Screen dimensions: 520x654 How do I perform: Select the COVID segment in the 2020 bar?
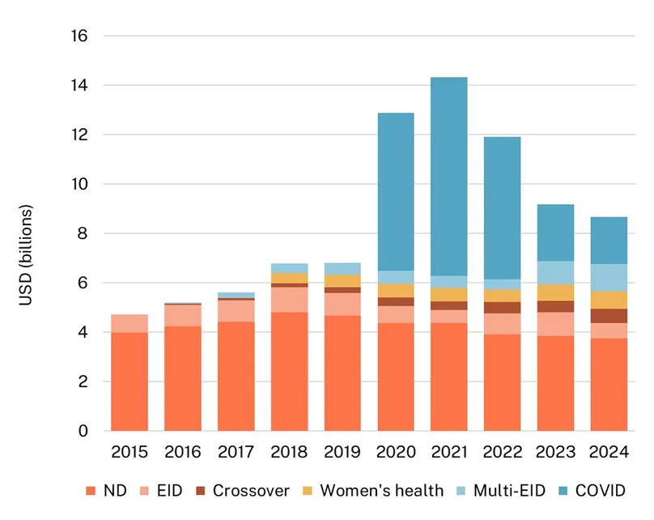[x=395, y=191]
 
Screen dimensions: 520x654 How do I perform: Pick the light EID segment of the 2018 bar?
[x=289, y=300]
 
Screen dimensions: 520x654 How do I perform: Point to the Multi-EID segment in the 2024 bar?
[x=608, y=277]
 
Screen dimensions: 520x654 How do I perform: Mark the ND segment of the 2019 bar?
[x=342, y=373]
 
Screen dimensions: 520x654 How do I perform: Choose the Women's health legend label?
[x=381, y=490]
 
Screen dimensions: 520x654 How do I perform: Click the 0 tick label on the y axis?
[x=83, y=431]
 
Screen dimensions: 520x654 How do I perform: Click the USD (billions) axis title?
[x=26, y=258]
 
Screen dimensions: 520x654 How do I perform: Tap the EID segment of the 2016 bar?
[x=183, y=316]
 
